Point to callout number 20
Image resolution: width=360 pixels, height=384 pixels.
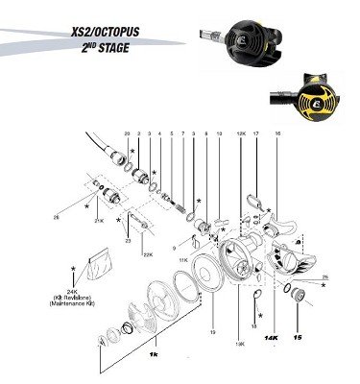click(127, 132)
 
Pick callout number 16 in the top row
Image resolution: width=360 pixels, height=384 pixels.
click(278, 132)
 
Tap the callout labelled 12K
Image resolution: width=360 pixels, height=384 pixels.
click(240, 132)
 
